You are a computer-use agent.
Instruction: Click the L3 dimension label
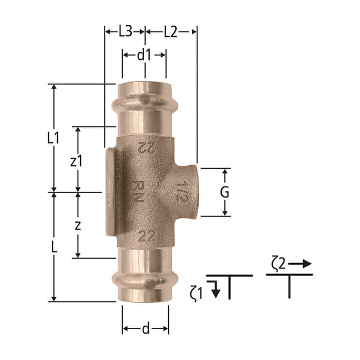point(125,32)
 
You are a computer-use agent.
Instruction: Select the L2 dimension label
point(170,32)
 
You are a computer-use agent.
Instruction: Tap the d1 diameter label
point(145,55)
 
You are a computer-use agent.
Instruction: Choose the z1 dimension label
point(76,161)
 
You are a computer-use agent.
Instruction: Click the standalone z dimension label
point(78,226)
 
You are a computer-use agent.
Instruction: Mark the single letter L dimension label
point(53,247)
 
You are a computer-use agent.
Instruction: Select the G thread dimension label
point(224,192)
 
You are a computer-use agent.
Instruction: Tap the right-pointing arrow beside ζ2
point(302,263)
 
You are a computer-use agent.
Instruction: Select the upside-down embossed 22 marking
point(146,148)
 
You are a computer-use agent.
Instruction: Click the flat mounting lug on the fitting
point(110,191)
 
